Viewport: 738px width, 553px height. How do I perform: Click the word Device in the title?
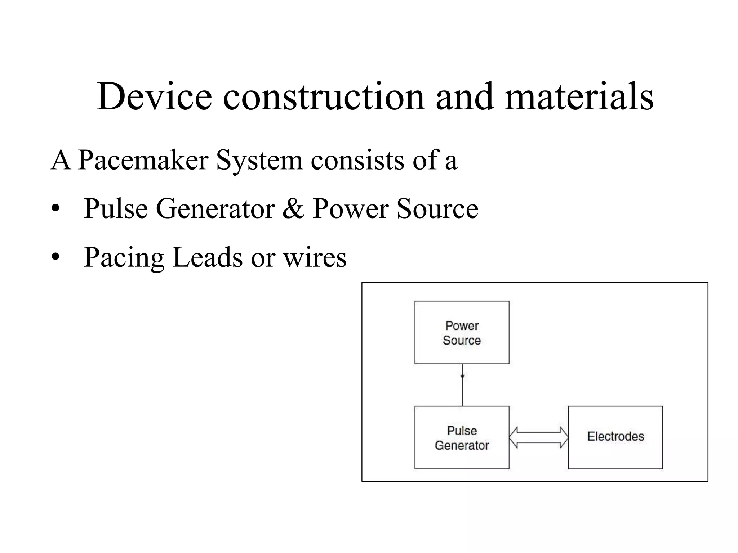click(x=154, y=96)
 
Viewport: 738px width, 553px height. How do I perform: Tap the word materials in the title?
click(x=579, y=96)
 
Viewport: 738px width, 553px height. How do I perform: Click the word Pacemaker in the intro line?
click(x=143, y=160)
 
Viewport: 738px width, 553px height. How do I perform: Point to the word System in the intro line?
click(x=259, y=160)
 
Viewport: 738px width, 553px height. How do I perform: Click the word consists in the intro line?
click(x=357, y=160)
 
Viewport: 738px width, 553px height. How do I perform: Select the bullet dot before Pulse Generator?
click(x=55, y=209)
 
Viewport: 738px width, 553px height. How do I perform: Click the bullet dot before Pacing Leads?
click(x=55, y=257)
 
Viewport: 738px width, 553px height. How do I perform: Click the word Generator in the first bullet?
click(x=215, y=209)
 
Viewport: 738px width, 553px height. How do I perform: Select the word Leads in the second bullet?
click(x=208, y=257)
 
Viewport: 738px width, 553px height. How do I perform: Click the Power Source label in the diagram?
click(x=462, y=333)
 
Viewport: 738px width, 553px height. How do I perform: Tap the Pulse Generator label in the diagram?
click(x=462, y=438)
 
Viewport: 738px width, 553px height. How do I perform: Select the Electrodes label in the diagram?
click(x=615, y=436)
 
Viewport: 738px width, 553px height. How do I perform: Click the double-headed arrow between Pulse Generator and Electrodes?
click(x=538, y=437)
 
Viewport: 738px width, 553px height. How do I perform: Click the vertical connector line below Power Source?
click(x=462, y=391)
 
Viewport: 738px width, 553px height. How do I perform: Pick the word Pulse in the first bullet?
click(x=116, y=209)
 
